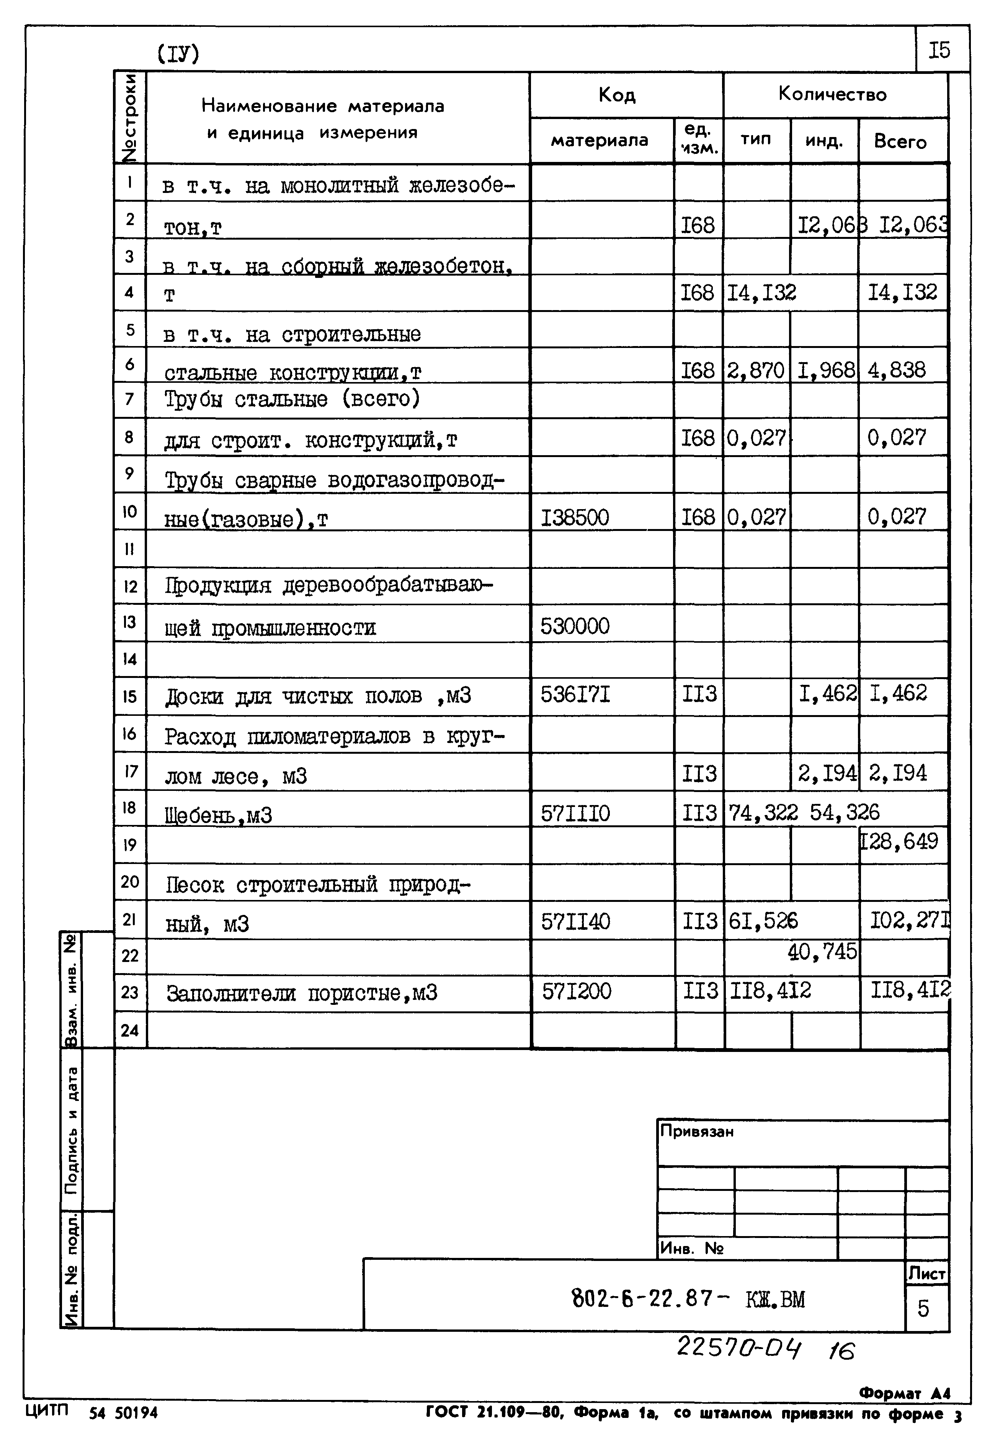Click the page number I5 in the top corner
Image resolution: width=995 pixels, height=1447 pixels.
pyautogui.click(x=939, y=49)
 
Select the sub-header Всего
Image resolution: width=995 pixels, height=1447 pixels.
pyautogui.click(x=900, y=142)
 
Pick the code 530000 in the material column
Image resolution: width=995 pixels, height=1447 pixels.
pyautogui.click(x=574, y=626)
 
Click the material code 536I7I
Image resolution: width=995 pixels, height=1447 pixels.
pyautogui.click(x=575, y=694)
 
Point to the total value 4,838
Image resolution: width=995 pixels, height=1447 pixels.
pyautogui.click(x=897, y=370)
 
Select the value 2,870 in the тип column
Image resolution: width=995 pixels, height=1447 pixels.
pyautogui.click(x=756, y=370)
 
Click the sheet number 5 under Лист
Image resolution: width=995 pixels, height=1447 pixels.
pyautogui.click(x=923, y=1308)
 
